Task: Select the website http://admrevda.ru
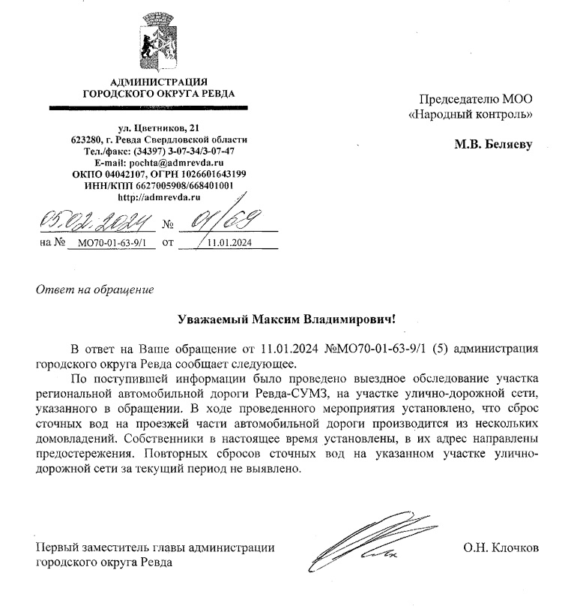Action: (158, 196)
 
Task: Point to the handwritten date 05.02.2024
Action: (96, 220)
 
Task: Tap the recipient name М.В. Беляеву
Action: (493, 144)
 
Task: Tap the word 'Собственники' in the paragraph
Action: (167, 439)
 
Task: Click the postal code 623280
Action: (88, 139)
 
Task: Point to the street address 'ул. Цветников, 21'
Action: (158, 128)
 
